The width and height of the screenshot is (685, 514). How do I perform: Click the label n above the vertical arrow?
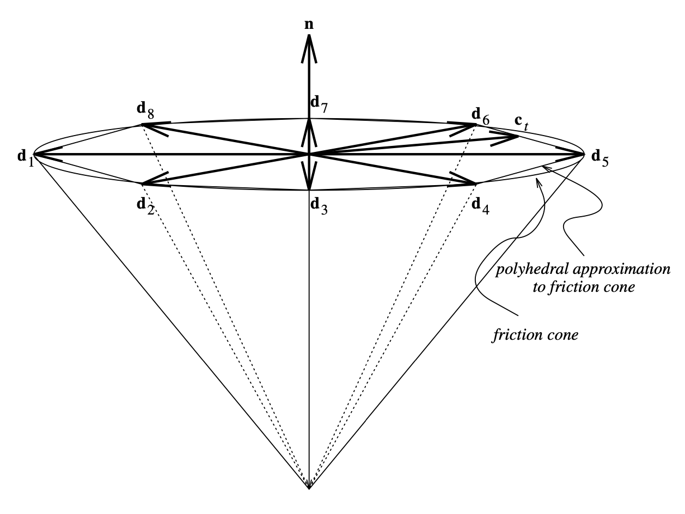coord(309,25)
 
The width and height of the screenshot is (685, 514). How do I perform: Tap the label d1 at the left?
coord(23,157)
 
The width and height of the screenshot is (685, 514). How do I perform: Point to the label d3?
coord(319,206)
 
